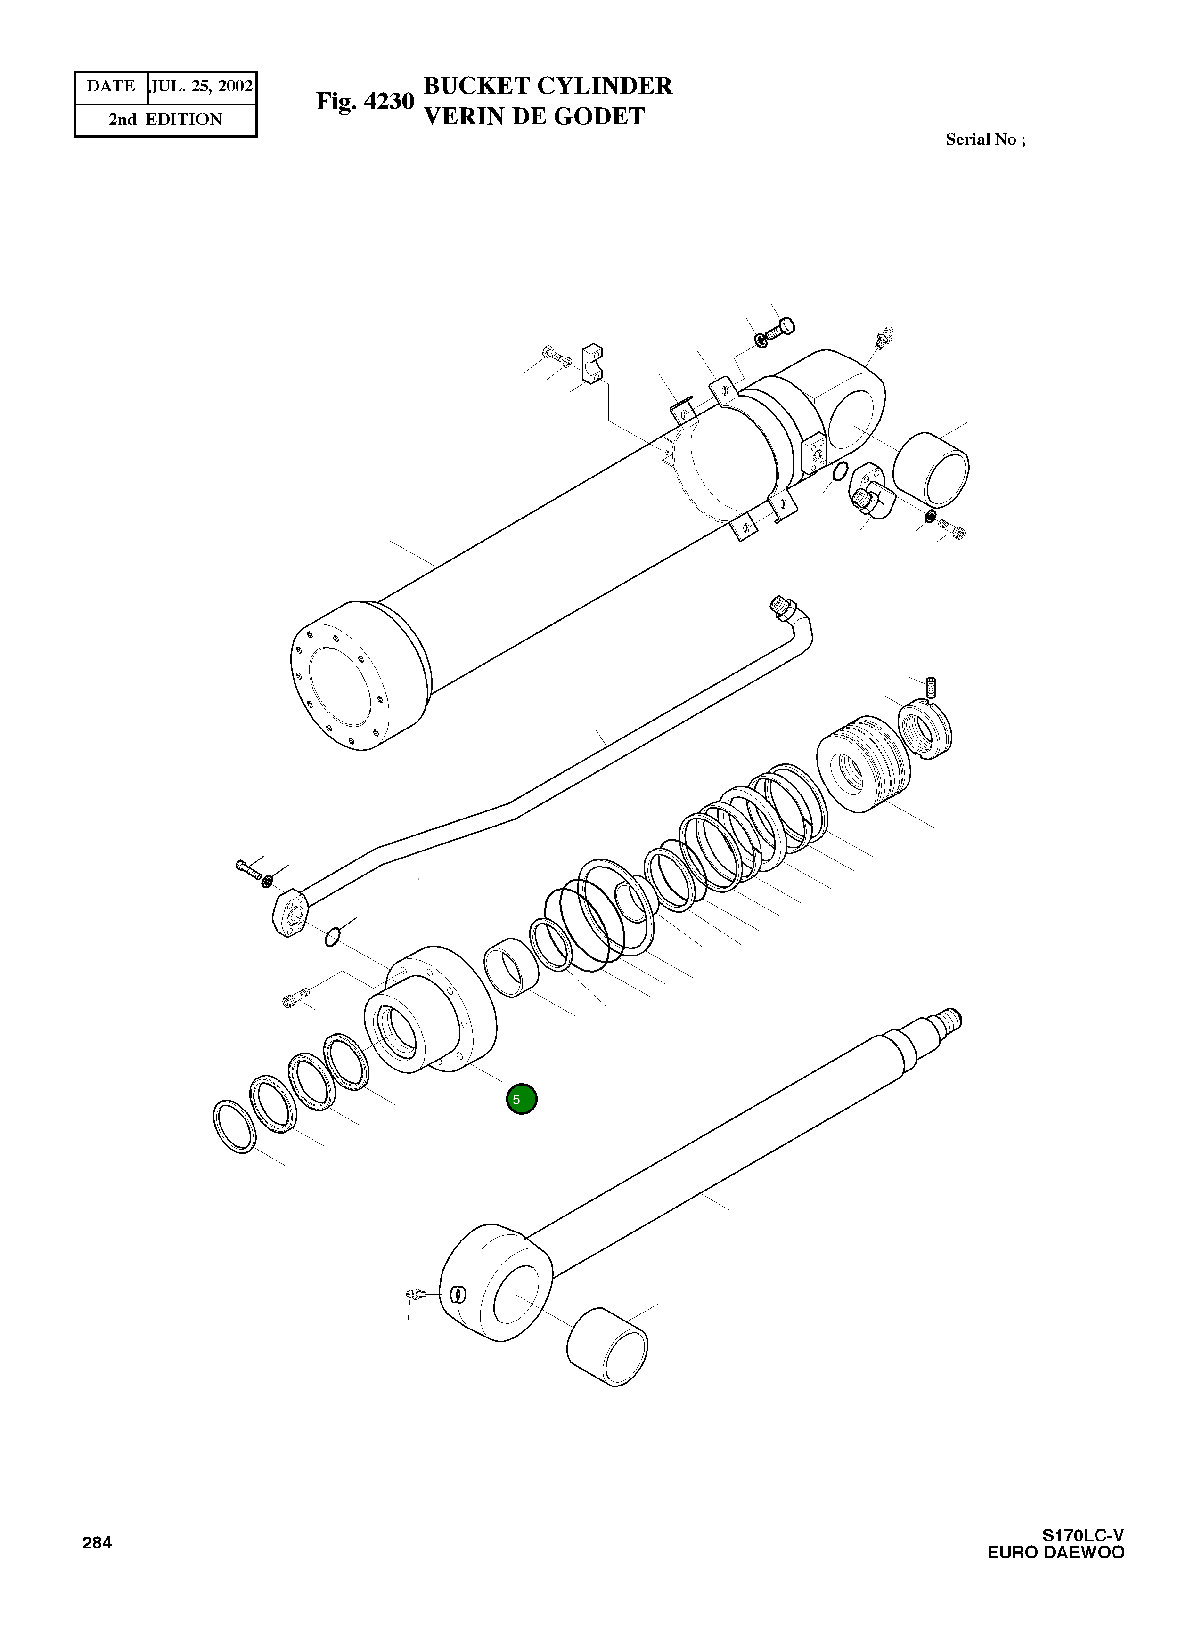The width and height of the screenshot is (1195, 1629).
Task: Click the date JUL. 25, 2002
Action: coord(202,87)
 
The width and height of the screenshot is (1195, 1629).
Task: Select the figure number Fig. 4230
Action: coord(365,101)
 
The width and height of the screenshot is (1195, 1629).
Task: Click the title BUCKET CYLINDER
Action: coord(547,85)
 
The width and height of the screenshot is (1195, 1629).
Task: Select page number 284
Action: coord(97,1543)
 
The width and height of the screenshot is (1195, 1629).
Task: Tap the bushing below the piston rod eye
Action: coord(607,1346)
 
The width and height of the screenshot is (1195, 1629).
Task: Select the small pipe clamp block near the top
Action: coord(592,363)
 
